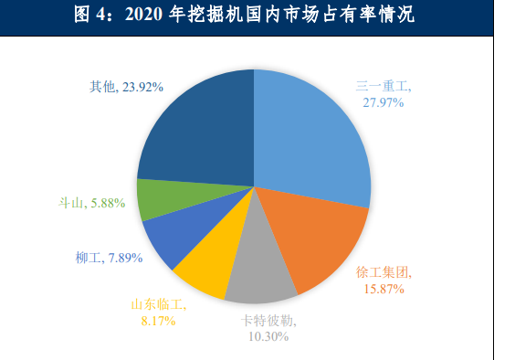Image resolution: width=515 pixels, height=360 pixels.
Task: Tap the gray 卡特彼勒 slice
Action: (259, 274)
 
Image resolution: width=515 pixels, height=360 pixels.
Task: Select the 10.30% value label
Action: (269, 336)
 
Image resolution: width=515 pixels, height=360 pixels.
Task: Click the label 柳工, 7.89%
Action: (109, 258)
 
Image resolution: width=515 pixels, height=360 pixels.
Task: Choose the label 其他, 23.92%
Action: (127, 87)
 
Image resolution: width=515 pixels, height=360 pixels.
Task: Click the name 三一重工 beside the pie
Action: (383, 87)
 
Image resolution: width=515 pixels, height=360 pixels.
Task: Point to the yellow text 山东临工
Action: (155, 304)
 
